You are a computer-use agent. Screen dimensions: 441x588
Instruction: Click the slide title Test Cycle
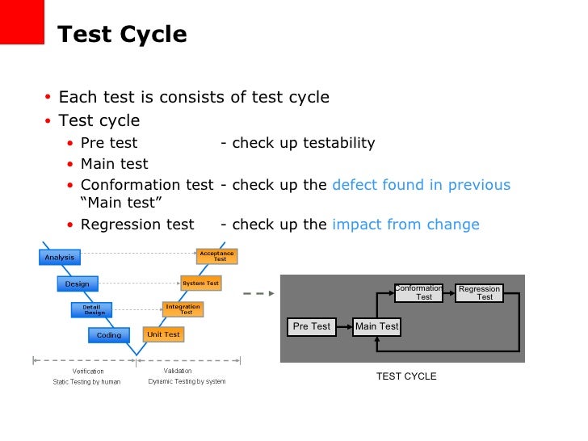[122, 35]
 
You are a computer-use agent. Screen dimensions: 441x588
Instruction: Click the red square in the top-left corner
[21, 21]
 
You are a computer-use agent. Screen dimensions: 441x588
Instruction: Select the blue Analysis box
[60, 258]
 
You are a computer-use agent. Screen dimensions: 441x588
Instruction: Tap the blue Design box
[78, 283]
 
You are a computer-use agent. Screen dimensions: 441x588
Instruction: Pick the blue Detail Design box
[95, 309]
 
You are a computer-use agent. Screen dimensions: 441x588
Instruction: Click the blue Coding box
[109, 334]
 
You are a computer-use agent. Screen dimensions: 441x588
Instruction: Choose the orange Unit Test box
[163, 334]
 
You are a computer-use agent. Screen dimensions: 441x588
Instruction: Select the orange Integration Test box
[183, 309]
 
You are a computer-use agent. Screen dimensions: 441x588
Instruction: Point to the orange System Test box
[200, 283]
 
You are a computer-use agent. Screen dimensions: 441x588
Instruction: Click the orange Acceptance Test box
[217, 256]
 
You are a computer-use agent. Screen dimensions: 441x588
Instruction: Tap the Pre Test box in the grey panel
[312, 326]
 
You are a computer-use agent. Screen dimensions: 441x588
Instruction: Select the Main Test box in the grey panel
[377, 326]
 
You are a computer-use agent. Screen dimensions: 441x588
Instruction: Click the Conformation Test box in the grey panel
[419, 292]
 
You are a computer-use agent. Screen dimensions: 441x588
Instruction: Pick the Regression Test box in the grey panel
[480, 292]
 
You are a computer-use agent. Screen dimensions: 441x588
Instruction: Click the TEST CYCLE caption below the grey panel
[406, 376]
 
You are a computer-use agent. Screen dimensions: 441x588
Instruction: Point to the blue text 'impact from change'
[405, 225]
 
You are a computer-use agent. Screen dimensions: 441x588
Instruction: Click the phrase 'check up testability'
[303, 143]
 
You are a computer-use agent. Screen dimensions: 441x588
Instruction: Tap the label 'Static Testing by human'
[86, 381]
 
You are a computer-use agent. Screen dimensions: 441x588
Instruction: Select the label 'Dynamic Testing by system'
[187, 381]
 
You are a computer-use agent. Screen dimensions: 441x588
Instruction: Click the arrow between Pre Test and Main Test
[345, 326]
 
